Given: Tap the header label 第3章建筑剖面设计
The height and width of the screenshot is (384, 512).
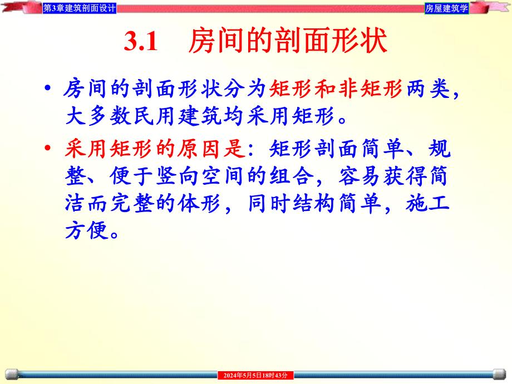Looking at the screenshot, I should pyautogui.click(x=80, y=8).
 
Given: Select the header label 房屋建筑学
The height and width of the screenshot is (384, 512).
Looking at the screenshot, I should pyautogui.click(x=446, y=8).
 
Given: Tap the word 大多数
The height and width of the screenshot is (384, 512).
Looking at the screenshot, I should pyautogui.click(x=98, y=117).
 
